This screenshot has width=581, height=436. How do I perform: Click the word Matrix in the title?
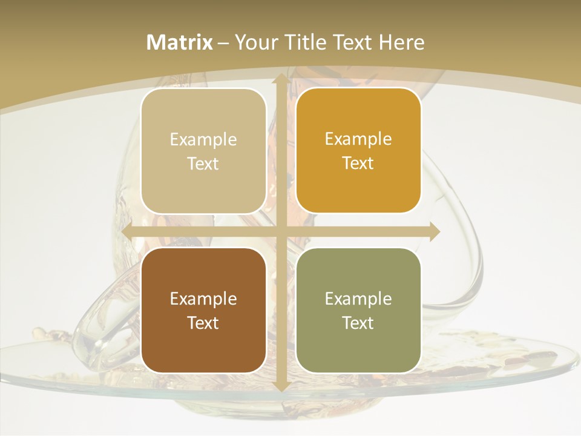[180, 42]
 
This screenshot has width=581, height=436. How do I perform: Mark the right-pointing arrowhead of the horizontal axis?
[433, 231]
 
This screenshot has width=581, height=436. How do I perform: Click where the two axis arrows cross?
[281, 231]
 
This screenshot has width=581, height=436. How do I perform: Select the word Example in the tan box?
[203, 140]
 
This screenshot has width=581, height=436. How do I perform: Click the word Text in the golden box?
[358, 163]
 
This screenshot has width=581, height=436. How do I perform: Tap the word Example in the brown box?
[203, 299]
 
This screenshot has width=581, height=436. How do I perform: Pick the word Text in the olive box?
[358, 323]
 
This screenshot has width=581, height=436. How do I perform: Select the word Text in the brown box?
[203, 323]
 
